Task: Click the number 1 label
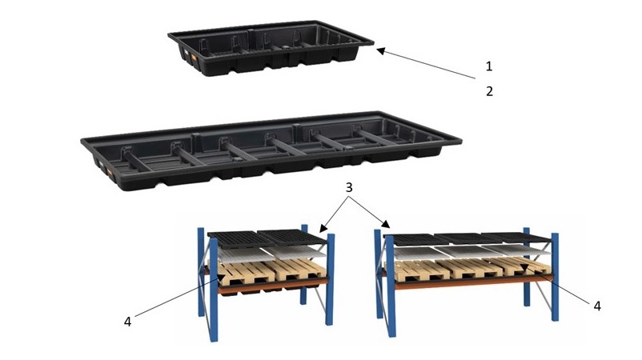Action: tap(489, 66)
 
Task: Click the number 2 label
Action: tap(489, 91)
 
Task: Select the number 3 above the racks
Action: tap(349, 187)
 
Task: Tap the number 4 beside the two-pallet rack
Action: tap(128, 322)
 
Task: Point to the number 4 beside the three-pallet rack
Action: tap(597, 306)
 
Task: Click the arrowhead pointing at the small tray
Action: tap(381, 50)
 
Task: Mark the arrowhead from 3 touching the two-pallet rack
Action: tap(323, 228)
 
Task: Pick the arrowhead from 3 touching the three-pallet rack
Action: tap(386, 224)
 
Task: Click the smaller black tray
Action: tap(271, 47)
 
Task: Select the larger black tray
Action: tap(271, 150)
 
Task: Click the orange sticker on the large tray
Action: tap(109, 171)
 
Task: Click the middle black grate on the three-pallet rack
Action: tap(470, 238)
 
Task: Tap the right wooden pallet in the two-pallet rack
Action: tap(297, 269)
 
